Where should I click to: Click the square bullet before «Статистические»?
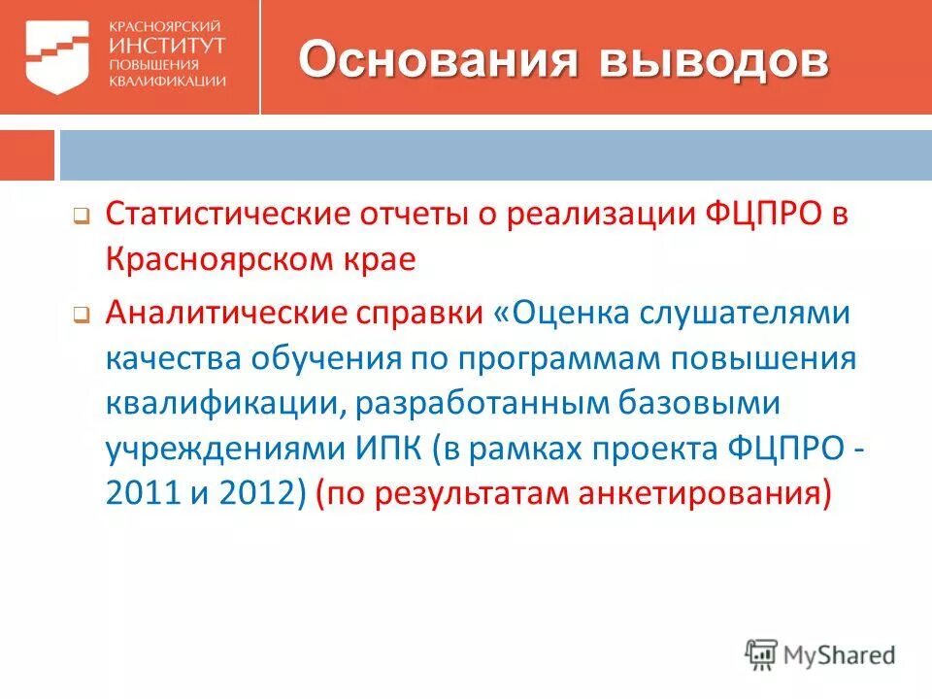pos(82,217)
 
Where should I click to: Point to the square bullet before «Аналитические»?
pos(82,315)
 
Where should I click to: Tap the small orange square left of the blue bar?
pos(27,154)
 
